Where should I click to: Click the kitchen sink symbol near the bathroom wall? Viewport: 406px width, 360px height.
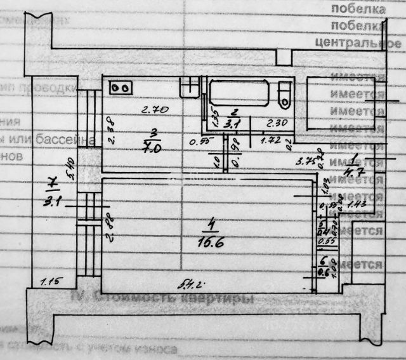click(x=188, y=87)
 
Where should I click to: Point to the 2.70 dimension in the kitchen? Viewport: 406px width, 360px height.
click(x=154, y=110)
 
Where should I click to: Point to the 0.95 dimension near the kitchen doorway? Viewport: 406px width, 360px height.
click(x=200, y=142)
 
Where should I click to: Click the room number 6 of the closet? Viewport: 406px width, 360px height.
click(x=322, y=261)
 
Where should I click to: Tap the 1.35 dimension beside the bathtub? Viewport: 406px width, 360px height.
click(x=215, y=117)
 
